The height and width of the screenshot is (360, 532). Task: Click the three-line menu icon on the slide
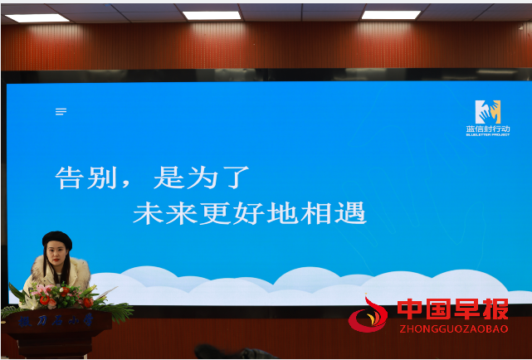(x=61, y=111)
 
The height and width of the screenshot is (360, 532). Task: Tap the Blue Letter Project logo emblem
(x=488, y=112)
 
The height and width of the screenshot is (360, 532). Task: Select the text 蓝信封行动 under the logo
(x=488, y=129)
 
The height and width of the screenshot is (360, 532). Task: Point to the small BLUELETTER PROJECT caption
(x=488, y=135)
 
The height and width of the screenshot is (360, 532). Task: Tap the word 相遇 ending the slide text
(x=338, y=213)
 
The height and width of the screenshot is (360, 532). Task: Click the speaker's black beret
(x=57, y=240)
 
